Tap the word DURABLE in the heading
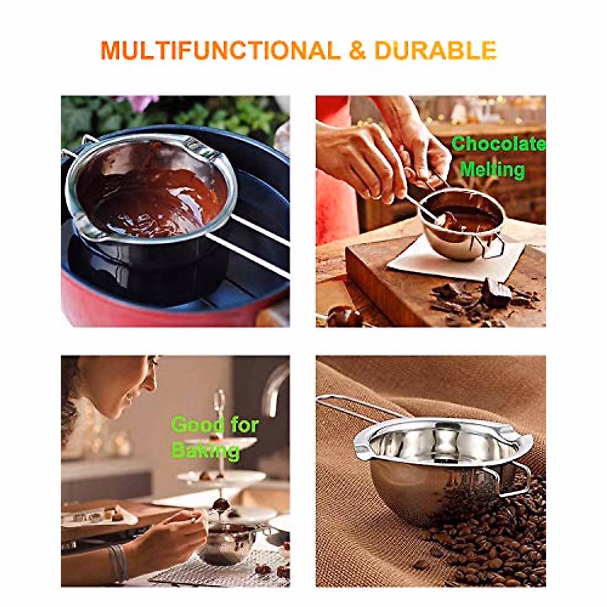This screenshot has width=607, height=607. coord(435,51)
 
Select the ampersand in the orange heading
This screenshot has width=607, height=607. coord(357,51)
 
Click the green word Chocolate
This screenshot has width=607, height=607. coord(498,144)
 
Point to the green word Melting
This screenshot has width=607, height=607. coord(492,169)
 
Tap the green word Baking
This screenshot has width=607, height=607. coord(205,450)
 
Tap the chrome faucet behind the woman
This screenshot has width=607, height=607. coord(273,384)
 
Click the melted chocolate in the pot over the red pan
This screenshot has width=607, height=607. coord(152,197)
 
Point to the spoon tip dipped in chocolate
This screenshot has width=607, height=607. coord(445,219)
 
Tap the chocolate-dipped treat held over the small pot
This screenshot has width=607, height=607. coord(221,504)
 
